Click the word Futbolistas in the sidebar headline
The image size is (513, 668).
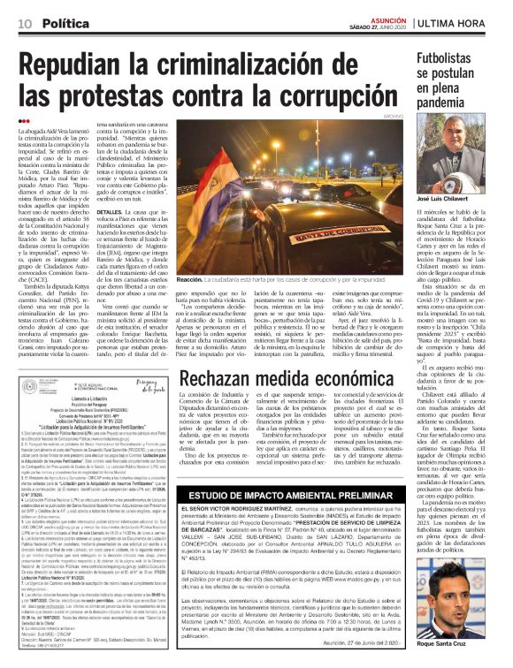pos(452,59)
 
